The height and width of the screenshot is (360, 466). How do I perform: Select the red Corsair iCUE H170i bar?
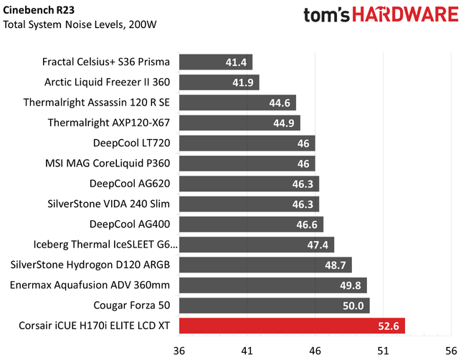[x=292, y=327]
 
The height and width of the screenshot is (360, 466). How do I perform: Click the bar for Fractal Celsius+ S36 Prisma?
[x=215, y=62]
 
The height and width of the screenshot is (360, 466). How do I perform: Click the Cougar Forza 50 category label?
[x=134, y=306]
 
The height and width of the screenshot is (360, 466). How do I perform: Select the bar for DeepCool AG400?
[x=251, y=224]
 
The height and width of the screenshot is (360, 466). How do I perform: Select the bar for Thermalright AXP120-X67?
[x=239, y=123]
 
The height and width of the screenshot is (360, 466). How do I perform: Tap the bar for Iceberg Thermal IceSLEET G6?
[x=256, y=245]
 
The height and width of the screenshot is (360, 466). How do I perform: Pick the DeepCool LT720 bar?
[x=247, y=143]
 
